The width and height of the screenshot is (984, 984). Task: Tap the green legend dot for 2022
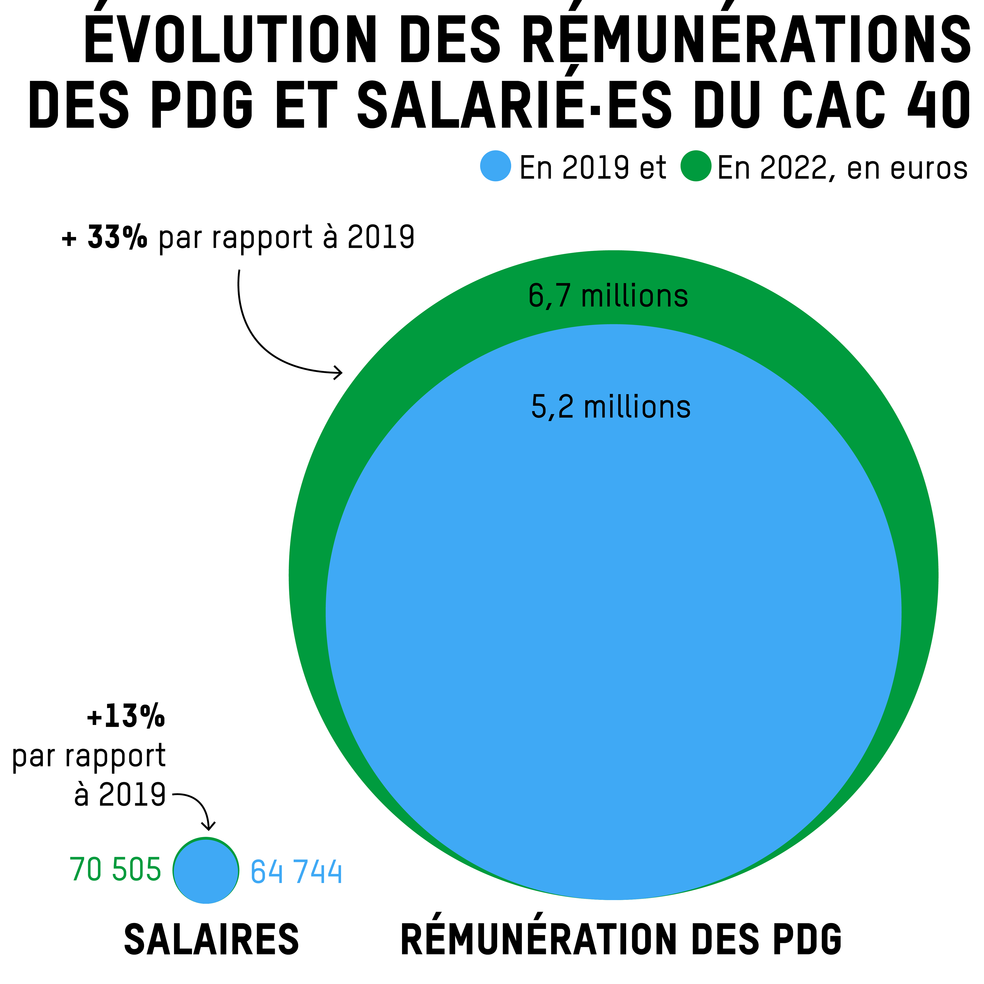click(x=696, y=166)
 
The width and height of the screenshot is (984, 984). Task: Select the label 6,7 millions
click(x=608, y=296)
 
